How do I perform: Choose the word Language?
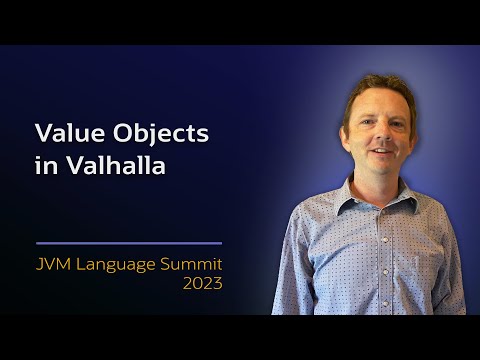[117, 264]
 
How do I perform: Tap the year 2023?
[201, 284]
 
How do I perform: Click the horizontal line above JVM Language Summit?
[128, 243]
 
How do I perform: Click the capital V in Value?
[43, 133]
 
